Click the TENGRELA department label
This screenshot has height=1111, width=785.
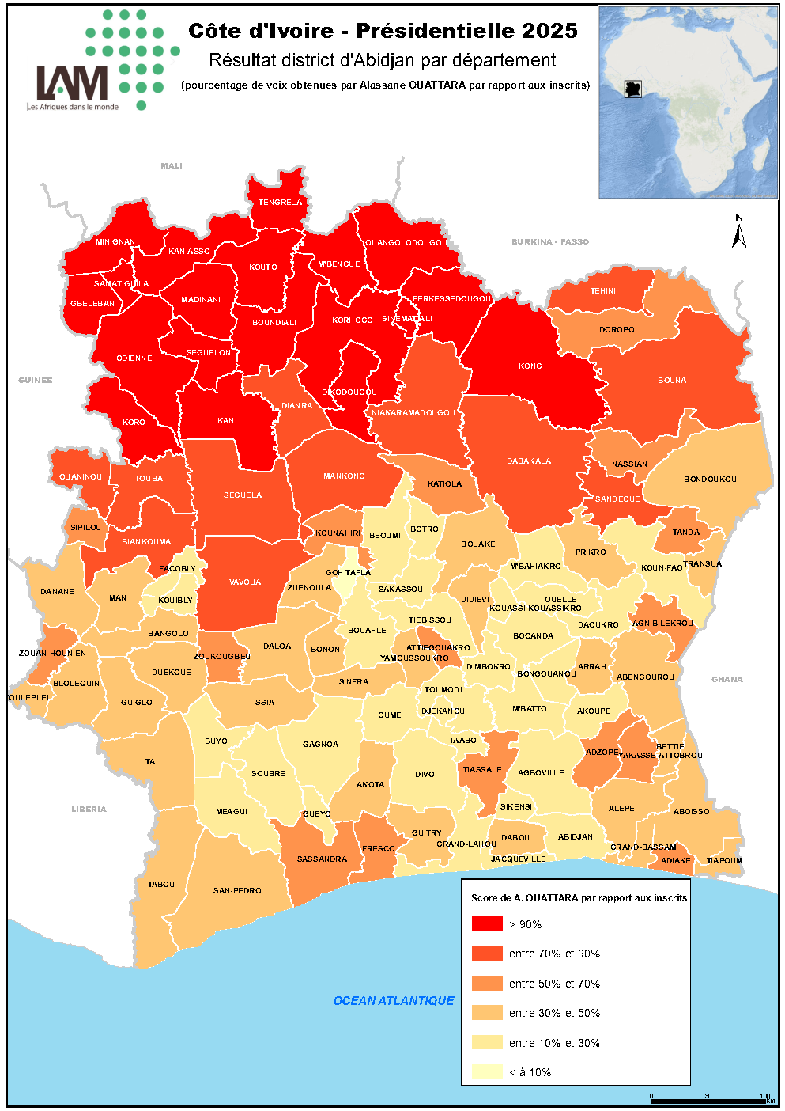pyautogui.click(x=280, y=203)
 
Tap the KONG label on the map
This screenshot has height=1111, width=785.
pyautogui.click(x=530, y=366)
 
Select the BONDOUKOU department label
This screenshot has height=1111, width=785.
pyautogui.click(x=710, y=480)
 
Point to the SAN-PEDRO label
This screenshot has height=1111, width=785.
pyautogui.click(x=237, y=891)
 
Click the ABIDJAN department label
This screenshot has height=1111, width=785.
pyautogui.click(x=575, y=837)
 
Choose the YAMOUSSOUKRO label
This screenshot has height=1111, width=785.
pyautogui.click(x=414, y=658)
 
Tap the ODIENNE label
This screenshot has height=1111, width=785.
pyautogui.click(x=134, y=358)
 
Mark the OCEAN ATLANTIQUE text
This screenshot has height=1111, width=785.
pyautogui.click(x=394, y=1001)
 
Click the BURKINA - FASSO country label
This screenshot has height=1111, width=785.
pyautogui.click(x=550, y=242)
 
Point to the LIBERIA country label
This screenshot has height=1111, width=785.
pyautogui.click(x=89, y=810)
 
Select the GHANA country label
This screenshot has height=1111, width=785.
pyautogui.click(x=727, y=680)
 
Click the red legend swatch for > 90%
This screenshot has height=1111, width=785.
pyautogui.click(x=487, y=923)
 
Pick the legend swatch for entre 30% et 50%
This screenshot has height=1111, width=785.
pyautogui.click(x=487, y=1013)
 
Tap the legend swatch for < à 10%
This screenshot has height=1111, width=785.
pyautogui.click(x=487, y=1072)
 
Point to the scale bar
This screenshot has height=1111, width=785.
pyautogui.click(x=708, y=1101)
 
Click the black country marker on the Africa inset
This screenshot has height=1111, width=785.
pyautogui.click(x=632, y=89)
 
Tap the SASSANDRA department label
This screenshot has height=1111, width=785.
pyautogui.click(x=322, y=859)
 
